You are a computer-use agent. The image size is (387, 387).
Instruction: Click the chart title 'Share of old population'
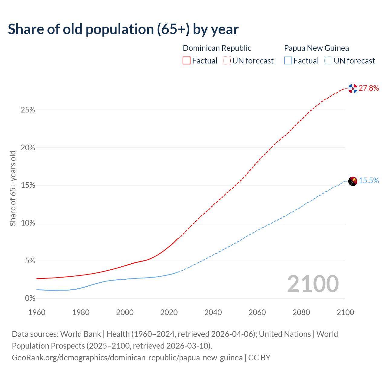pyautogui.click(x=123, y=29)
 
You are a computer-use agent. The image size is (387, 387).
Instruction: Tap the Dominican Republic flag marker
pyautogui.click(x=353, y=88)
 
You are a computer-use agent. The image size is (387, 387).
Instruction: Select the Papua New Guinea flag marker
pyautogui.click(x=353, y=181)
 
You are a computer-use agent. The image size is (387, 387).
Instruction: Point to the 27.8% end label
pyautogui.click(x=369, y=88)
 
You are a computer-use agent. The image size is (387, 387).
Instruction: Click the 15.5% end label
pyautogui.click(x=369, y=181)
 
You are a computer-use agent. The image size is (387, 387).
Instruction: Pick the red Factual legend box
pyautogui.click(x=187, y=61)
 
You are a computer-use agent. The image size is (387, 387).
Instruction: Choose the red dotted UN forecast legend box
pyautogui.click(x=227, y=61)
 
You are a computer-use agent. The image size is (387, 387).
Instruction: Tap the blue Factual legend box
pyautogui.click(x=288, y=61)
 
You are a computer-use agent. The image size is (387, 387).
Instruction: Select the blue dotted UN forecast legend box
pyautogui.click(x=328, y=61)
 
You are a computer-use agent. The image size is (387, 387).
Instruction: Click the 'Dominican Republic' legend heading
pyautogui.click(x=217, y=48)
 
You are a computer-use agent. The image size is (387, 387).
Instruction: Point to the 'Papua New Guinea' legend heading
pyautogui.click(x=316, y=48)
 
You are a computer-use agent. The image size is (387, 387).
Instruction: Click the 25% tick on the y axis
pyautogui.click(x=28, y=110)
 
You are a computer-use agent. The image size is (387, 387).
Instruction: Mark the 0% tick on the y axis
pyautogui.click(x=30, y=298)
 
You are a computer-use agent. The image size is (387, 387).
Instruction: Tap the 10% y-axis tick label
pyautogui.click(x=28, y=223)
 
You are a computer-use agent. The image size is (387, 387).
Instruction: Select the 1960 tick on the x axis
pyautogui.click(x=37, y=312)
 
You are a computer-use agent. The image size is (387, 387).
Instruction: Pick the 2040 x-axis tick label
pyautogui.click(x=213, y=312)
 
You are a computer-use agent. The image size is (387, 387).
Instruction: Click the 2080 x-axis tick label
pyautogui.click(x=301, y=312)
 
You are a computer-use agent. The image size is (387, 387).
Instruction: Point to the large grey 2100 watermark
pyautogui.click(x=313, y=284)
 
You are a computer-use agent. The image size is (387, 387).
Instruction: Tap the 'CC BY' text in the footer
pyautogui.click(x=259, y=358)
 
